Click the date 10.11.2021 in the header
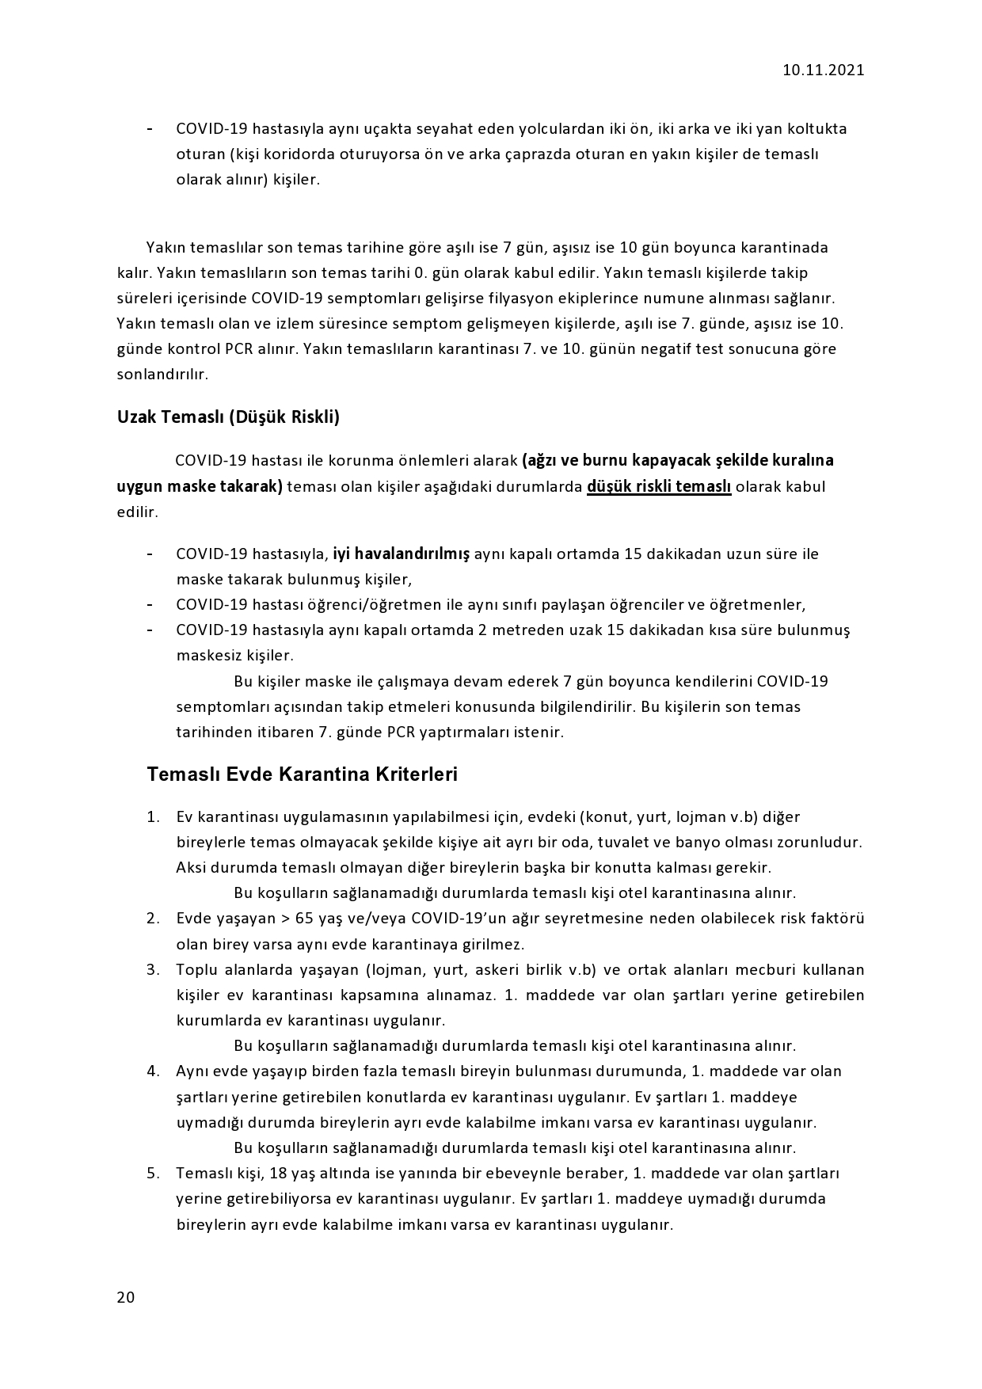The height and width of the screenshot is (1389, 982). click(823, 70)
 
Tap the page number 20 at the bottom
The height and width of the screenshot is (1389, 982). click(125, 1297)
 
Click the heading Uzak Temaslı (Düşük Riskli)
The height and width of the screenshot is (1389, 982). click(228, 417)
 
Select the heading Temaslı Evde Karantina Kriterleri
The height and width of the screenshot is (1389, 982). click(302, 774)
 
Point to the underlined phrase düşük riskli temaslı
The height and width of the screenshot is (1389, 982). click(658, 486)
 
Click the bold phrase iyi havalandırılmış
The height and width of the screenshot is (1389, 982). click(402, 554)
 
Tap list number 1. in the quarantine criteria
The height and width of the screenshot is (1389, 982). click(154, 816)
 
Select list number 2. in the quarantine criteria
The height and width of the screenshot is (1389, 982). click(154, 919)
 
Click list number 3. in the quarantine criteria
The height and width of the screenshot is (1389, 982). click(154, 970)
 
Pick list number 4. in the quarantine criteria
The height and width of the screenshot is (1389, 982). click(154, 1071)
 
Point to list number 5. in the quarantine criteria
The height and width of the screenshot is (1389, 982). click(154, 1173)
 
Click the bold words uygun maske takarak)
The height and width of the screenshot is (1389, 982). click(200, 486)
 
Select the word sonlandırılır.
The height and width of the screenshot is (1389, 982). click(162, 375)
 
